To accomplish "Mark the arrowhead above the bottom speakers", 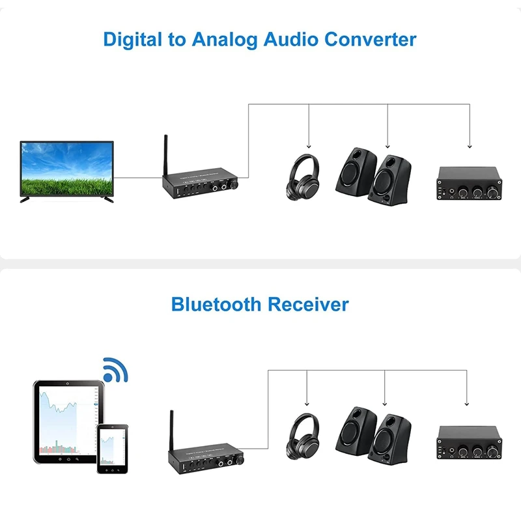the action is tap(384, 403).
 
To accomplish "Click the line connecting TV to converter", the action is tap(137, 176).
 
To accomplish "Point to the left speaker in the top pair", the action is tap(355, 171).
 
